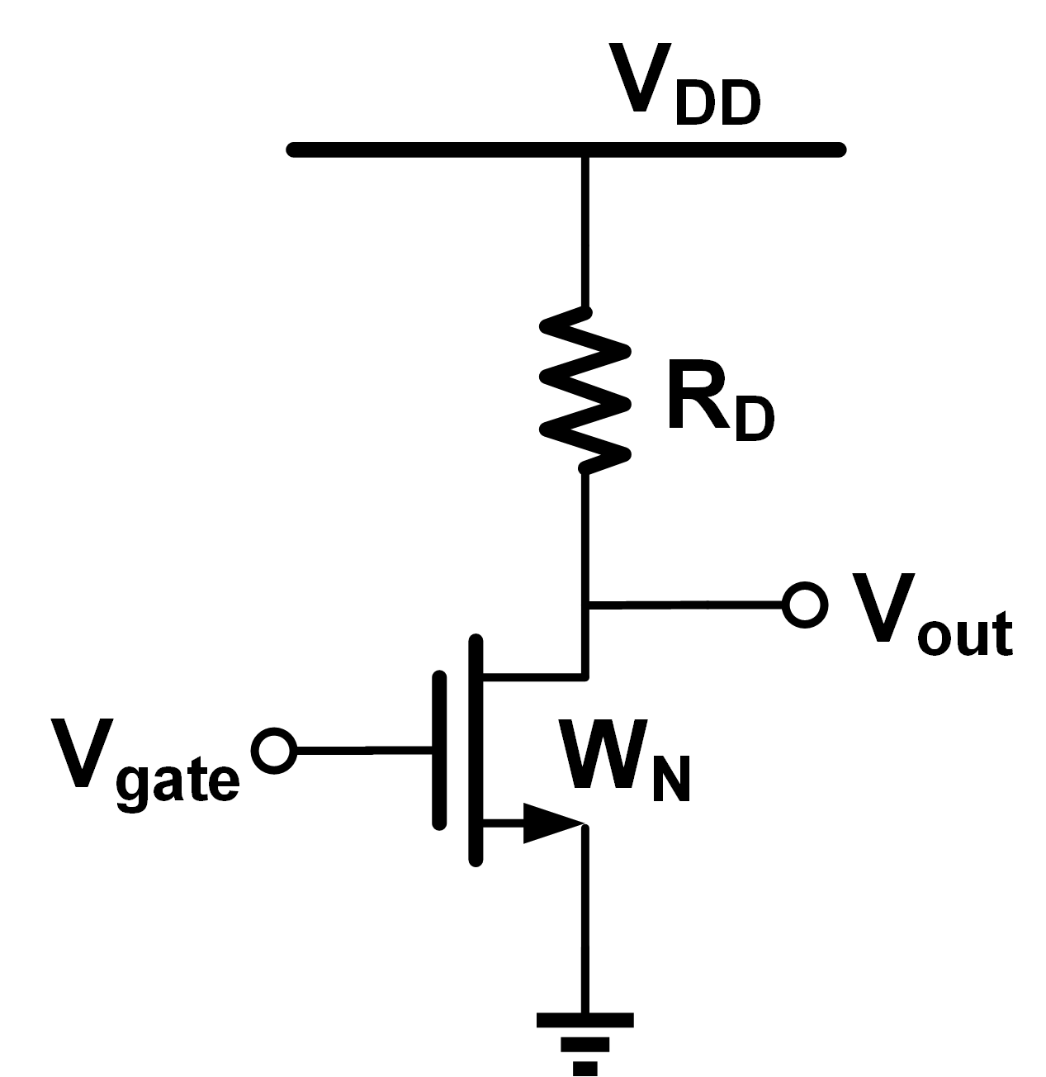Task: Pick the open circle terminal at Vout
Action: point(804,605)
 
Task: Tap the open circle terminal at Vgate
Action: point(274,751)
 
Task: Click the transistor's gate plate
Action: point(438,749)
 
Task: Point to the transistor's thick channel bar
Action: point(475,749)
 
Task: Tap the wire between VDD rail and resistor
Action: point(585,231)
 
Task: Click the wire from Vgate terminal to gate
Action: point(363,751)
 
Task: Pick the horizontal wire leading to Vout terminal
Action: point(685,606)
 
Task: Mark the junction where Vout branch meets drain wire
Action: point(585,606)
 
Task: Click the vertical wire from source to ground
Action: point(585,917)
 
